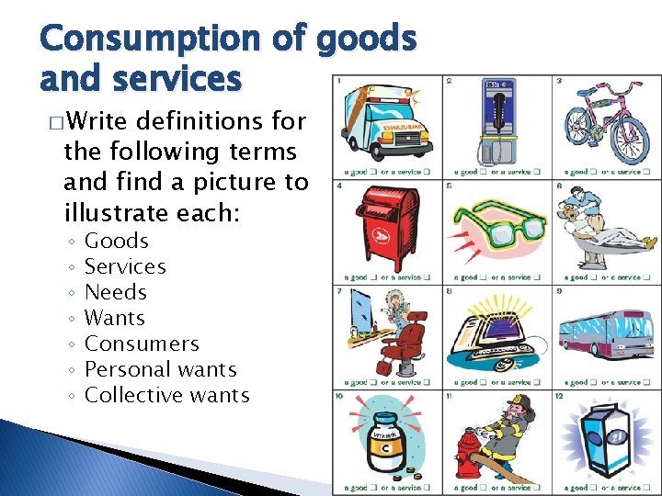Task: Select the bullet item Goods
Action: coord(116,242)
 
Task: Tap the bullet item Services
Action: coord(125,267)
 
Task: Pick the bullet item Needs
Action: coord(116,293)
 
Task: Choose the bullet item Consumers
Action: coord(142,344)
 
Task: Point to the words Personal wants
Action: coord(160,370)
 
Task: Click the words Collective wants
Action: coord(166,396)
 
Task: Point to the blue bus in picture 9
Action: coord(605,334)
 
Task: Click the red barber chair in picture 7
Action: coord(405,340)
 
